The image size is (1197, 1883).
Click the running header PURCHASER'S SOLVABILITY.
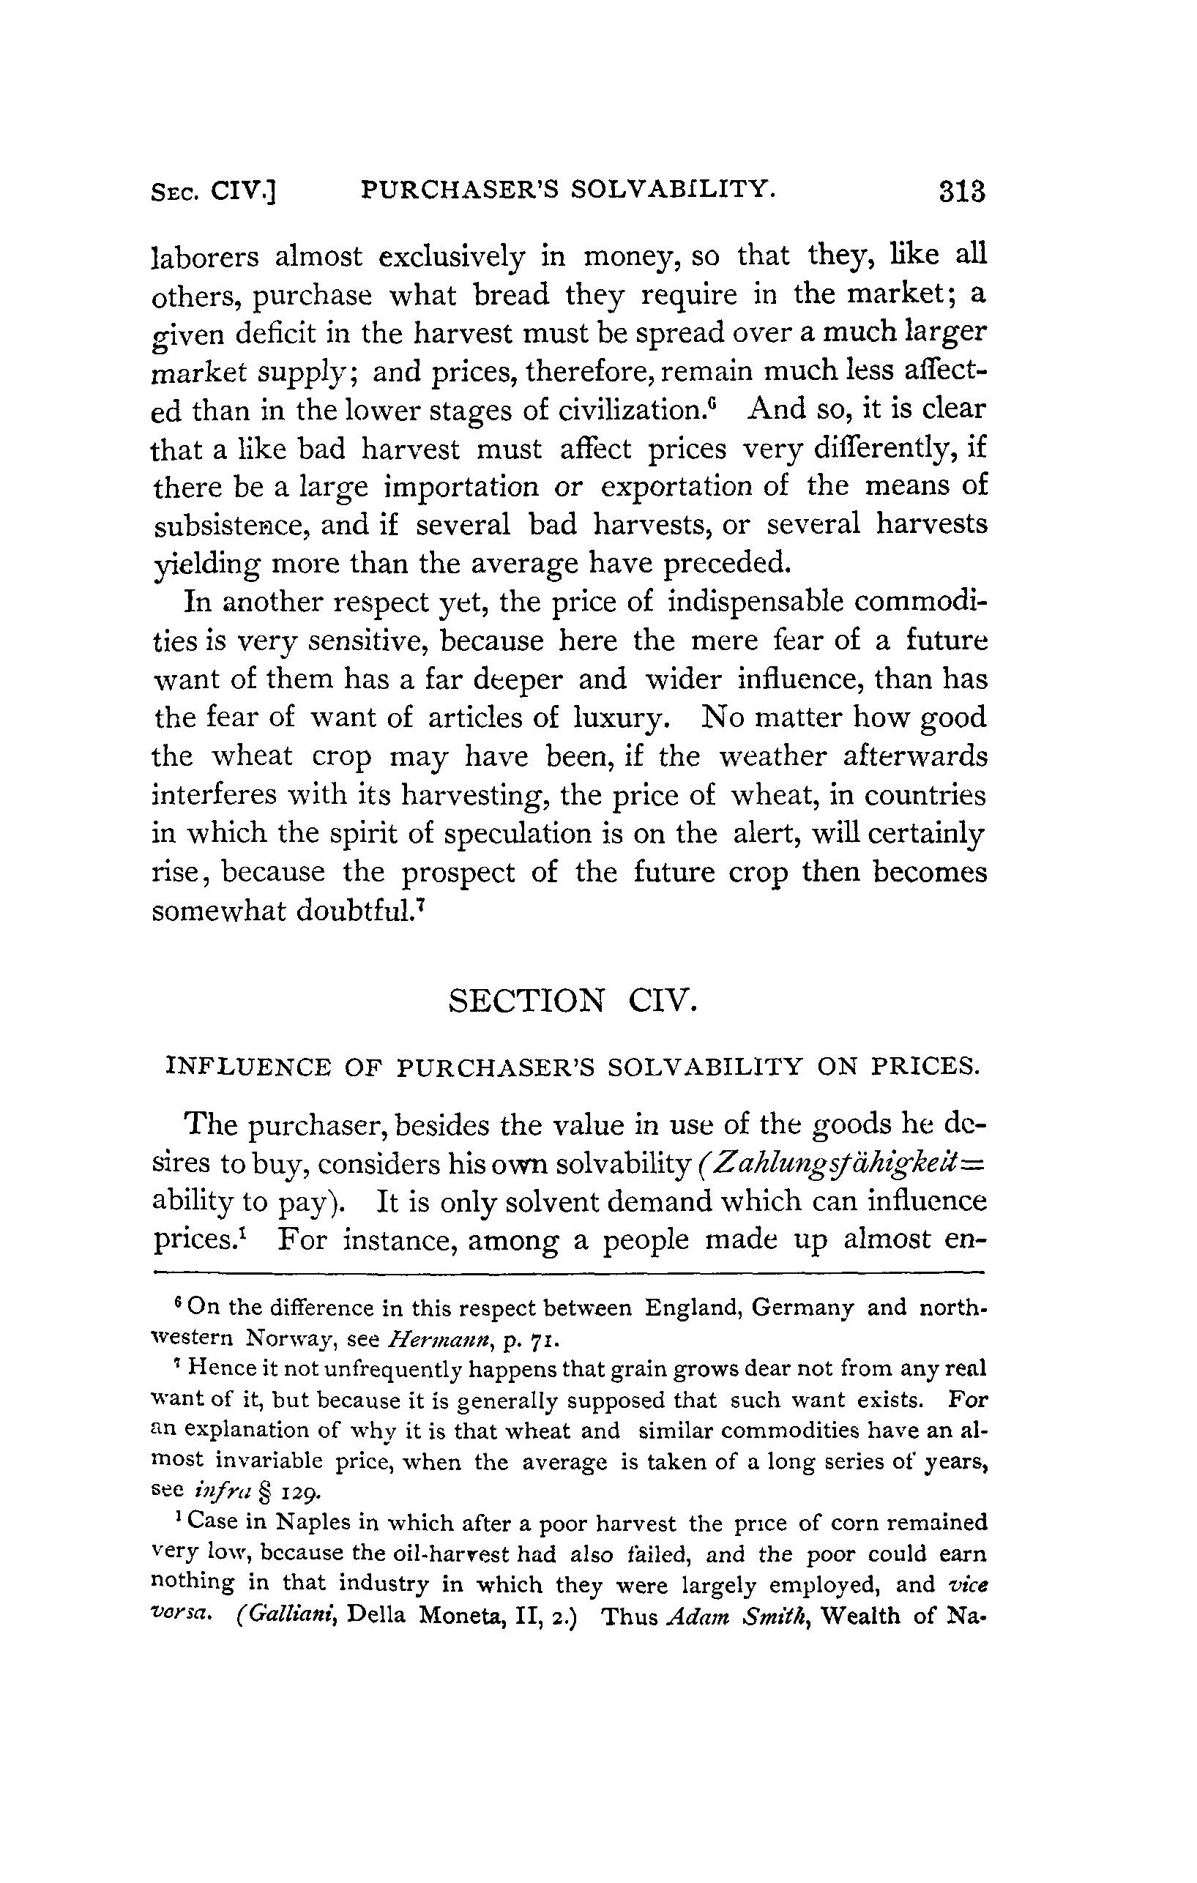click(568, 189)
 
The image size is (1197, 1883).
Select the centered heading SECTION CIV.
click(572, 1001)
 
